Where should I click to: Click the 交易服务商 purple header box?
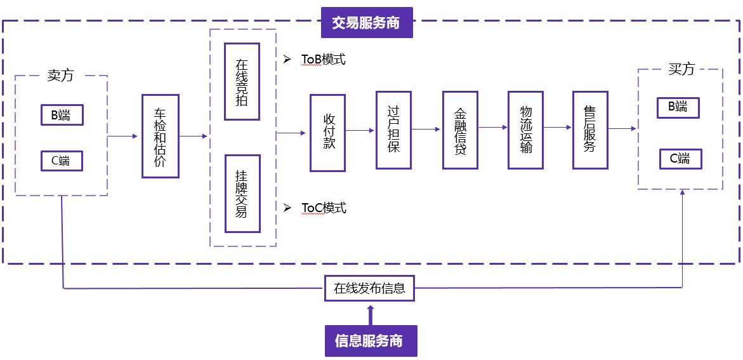pyautogui.click(x=367, y=23)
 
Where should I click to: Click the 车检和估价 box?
pyautogui.click(x=160, y=136)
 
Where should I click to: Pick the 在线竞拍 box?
pyautogui.click(x=242, y=81)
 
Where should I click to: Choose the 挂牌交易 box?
pyautogui.click(x=242, y=194)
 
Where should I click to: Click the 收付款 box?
pyautogui.click(x=327, y=133)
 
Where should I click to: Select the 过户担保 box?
pyautogui.click(x=393, y=130)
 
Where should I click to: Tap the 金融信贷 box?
pyautogui.click(x=460, y=130)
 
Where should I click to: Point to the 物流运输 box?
pyautogui.click(x=526, y=130)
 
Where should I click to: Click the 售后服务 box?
pyautogui.click(x=590, y=130)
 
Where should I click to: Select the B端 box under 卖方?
pyautogui.click(x=62, y=115)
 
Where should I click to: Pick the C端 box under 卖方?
pyautogui.click(x=62, y=161)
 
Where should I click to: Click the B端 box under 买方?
pyautogui.click(x=678, y=107)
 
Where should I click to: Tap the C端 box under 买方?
pyautogui.click(x=680, y=158)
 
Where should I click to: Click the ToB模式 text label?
pyautogui.click(x=323, y=60)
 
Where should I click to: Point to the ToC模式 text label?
pyautogui.click(x=323, y=208)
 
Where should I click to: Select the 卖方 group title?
pyautogui.click(x=60, y=75)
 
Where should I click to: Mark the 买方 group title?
pyautogui.click(x=681, y=69)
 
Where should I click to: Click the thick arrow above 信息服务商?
pyautogui.click(x=371, y=314)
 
